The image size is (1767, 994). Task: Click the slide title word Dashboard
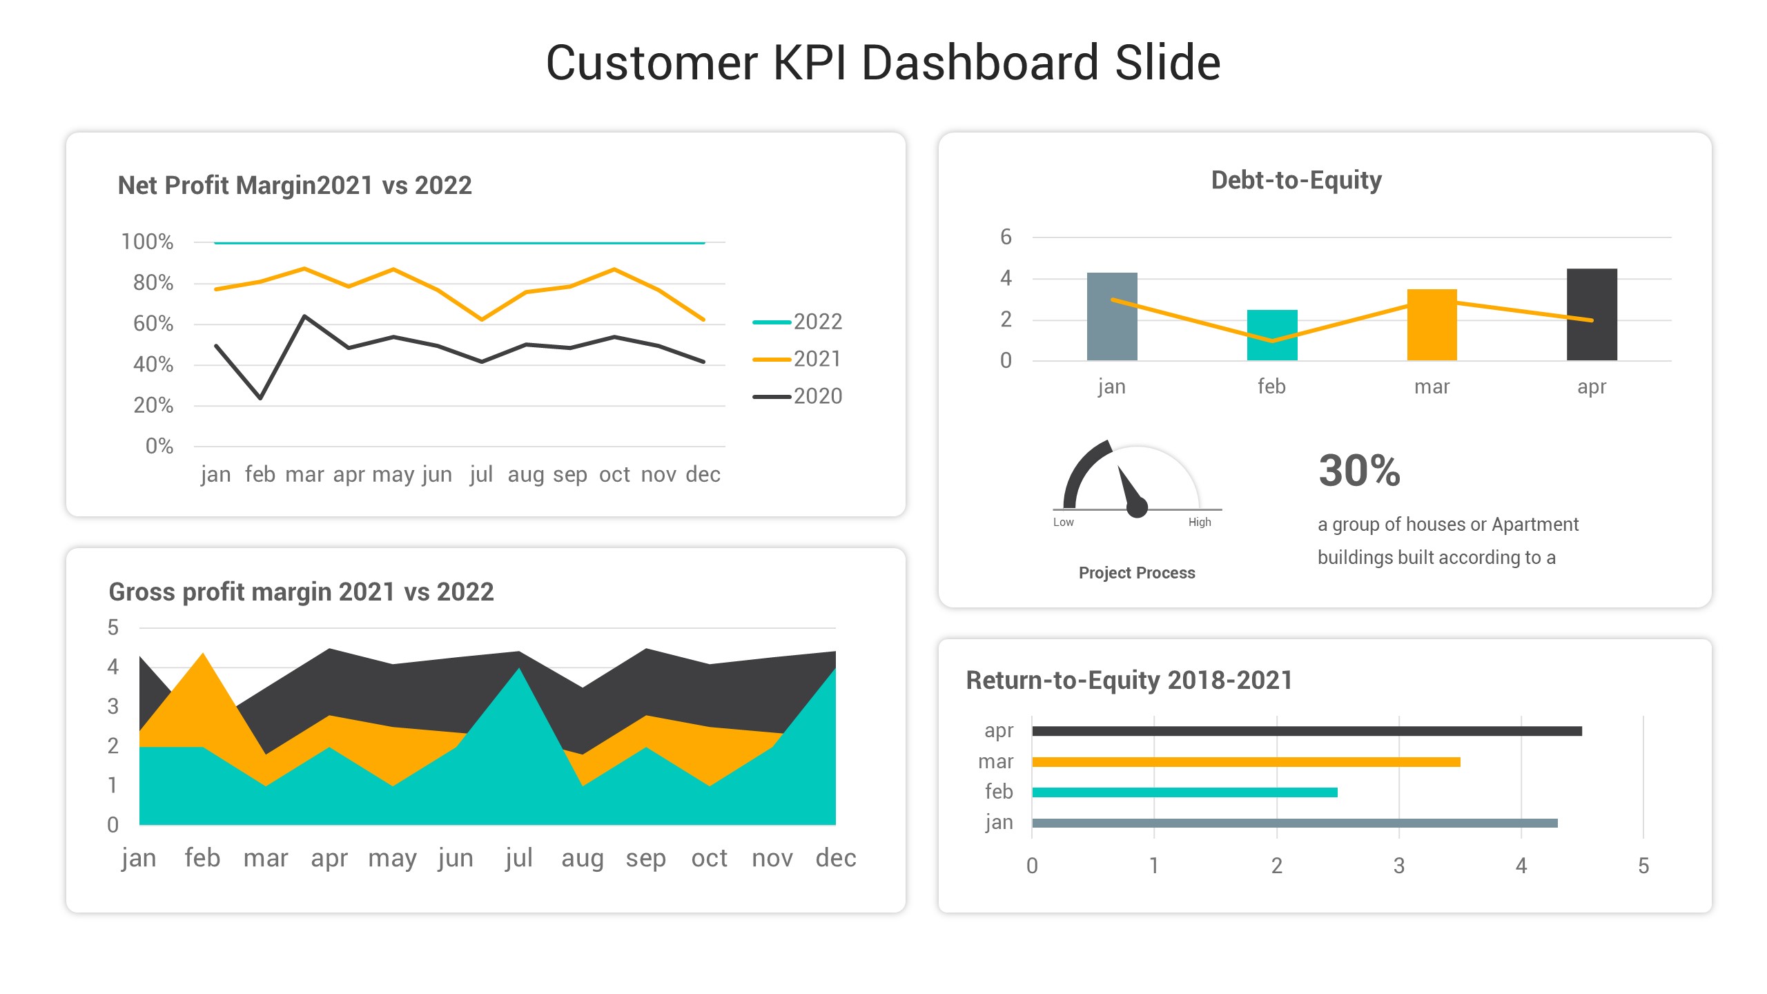point(979,63)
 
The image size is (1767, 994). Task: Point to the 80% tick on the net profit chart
point(153,283)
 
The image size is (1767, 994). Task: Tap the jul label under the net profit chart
point(481,475)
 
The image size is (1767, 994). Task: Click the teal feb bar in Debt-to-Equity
point(1271,335)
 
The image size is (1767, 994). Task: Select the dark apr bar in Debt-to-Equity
point(1592,315)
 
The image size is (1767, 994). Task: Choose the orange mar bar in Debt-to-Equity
point(1432,325)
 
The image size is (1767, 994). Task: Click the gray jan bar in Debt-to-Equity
point(1111,317)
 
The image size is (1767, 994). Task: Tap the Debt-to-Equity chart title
point(1296,180)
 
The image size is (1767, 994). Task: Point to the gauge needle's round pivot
point(1137,507)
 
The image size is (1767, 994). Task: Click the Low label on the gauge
point(1063,523)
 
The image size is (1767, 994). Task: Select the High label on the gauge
point(1200,523)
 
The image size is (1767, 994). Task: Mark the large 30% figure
point(1359,471)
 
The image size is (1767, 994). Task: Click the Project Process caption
point(1137,573)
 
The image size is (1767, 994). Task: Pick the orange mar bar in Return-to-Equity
point(1246,762)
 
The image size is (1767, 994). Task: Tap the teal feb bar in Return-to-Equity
point(1184,792)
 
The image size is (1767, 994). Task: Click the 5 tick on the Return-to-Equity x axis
point(1643,866)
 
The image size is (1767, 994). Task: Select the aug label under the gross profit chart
point(582,859)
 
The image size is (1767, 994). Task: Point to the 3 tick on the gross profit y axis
point(113,707)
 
